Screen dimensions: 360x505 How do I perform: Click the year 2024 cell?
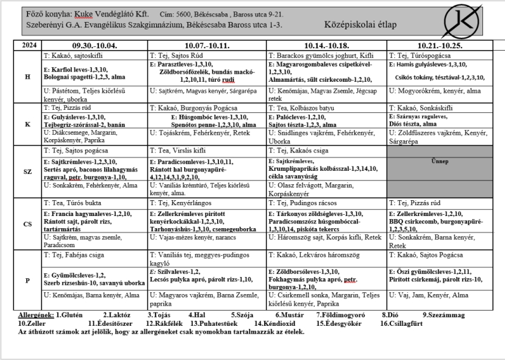27,46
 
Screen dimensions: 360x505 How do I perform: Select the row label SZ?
27,171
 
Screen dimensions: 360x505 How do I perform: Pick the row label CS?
27,224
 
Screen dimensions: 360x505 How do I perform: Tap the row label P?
27,281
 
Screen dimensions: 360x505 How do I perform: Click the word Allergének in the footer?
36,315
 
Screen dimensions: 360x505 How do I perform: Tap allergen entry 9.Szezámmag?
443,315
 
